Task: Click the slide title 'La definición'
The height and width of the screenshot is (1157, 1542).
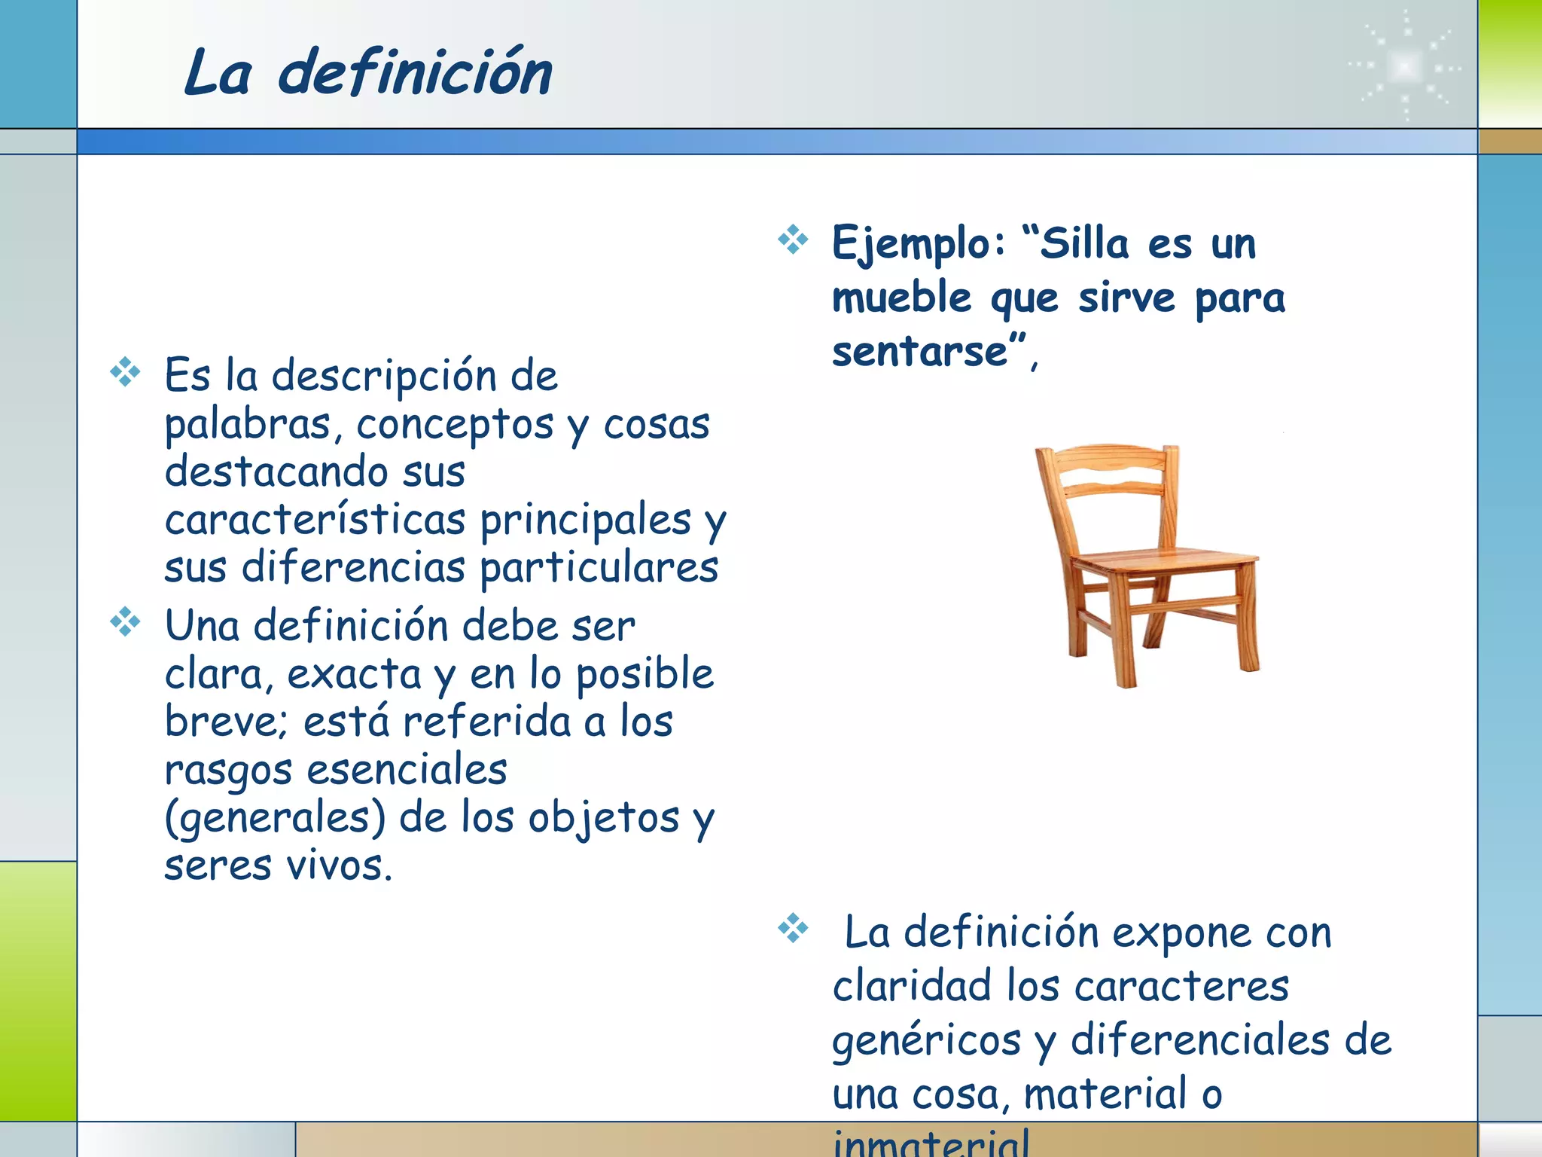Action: (x=368, y=73)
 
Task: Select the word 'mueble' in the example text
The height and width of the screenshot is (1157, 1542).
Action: (x=902, y=298)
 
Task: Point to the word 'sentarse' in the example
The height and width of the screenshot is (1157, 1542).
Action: (x=919, y=352)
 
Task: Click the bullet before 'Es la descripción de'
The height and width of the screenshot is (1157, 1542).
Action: (x=125, y=372)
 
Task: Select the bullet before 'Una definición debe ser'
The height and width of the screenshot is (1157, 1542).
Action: (x=125, y=622)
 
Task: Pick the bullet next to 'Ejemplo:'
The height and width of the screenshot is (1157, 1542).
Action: (x=793, y=240)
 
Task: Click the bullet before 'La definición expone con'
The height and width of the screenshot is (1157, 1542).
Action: (x=793, y=928)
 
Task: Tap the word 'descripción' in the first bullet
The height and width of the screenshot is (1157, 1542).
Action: (x=384, y=376)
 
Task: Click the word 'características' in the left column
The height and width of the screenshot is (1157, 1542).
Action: (x=315, y=520)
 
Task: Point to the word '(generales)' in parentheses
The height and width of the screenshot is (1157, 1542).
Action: (x=275, y=818)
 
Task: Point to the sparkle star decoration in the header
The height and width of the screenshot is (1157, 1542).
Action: (x=1405, y=66)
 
